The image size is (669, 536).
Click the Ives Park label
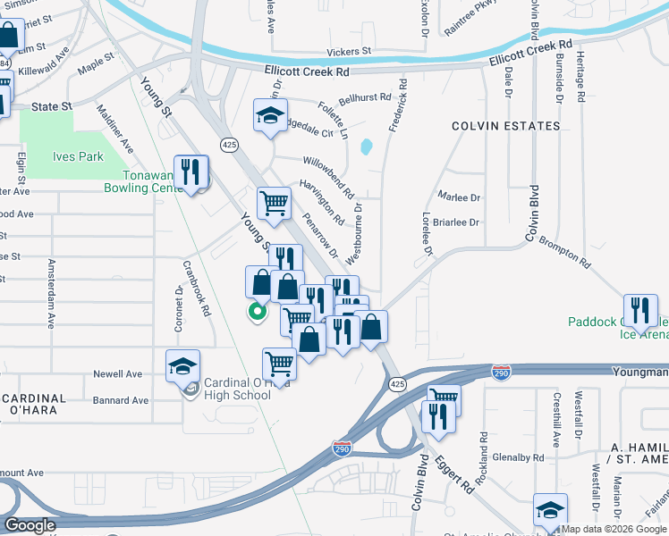[x=79, y=156]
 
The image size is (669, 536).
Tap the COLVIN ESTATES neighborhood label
[x=505, y=126]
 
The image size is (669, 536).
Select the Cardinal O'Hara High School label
[x=237, y=389]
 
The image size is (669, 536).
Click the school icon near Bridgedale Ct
[x=270, y=116]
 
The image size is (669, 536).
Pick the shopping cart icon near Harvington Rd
[x=275, y=203]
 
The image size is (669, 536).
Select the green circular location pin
[x=257, y=312]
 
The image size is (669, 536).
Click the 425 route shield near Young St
[x=229, y=144]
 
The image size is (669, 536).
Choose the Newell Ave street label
[x=118, y=374]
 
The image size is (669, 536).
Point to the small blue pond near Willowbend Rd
[x=366, y=146]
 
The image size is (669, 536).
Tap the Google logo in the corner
[x=30, y=525]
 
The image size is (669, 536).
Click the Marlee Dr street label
[x=459, y=197]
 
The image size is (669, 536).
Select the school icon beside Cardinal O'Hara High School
[x=182, y=365]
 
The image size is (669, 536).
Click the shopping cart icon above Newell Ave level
[x=279, y=364]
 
